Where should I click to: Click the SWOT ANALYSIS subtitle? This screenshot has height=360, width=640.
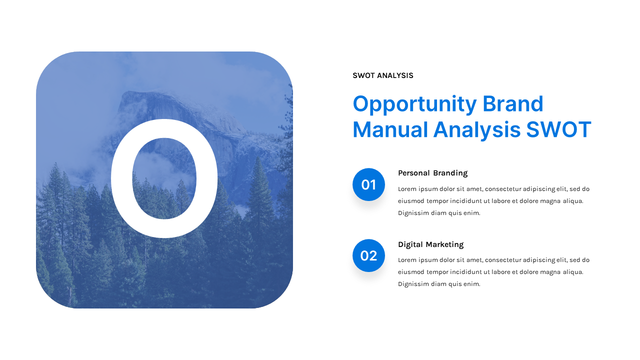coord(382,75)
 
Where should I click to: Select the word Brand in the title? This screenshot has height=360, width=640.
coord(512,104)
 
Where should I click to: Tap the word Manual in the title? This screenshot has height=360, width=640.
coord(390,129)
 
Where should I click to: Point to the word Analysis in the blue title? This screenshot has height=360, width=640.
coord(476,130)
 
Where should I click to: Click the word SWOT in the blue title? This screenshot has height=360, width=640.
coord(558,129)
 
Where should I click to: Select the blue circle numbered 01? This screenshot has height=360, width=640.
coord(368,184)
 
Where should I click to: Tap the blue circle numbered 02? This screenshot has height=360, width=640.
coord(368,255)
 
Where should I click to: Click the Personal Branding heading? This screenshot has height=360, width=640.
coord(432,173)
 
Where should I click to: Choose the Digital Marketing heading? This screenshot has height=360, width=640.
coord(430,244)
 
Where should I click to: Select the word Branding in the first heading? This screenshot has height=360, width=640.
coord(450,173)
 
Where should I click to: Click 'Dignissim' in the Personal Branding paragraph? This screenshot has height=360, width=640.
coord(413,213)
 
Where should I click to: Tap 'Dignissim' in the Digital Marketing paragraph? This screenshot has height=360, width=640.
coord(413,284)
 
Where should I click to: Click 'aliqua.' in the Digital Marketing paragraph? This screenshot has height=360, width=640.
coord(573,272)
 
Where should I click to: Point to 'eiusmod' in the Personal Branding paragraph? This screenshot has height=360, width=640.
coord(410,201)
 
